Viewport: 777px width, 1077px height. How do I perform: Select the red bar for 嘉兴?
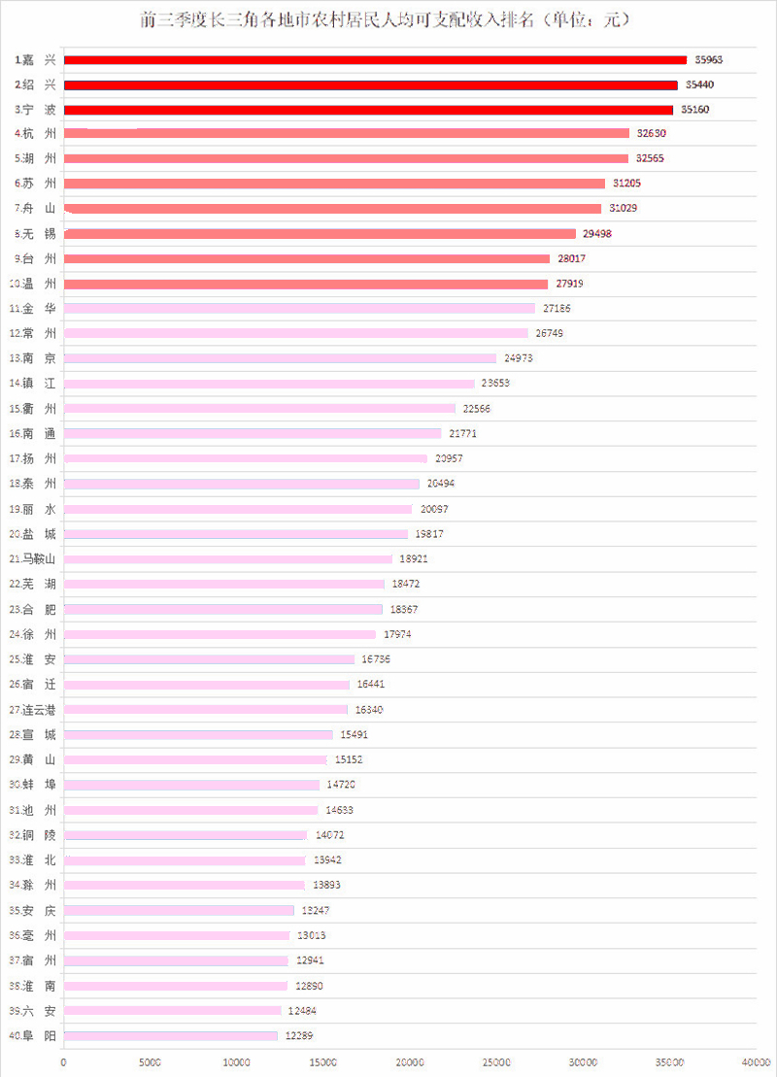(375, 60)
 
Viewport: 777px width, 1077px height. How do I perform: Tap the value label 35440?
(699, 85)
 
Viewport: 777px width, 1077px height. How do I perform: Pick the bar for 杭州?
(347, 133)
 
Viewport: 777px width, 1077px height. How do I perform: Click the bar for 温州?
(306, 284)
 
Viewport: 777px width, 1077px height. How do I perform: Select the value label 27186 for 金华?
(557, 309)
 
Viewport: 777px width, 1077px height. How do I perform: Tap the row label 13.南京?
(34, 358)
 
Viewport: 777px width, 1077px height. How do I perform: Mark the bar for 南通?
(253, 433)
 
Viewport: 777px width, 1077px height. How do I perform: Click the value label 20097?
(433, 509)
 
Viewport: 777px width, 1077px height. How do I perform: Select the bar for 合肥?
(223, 609)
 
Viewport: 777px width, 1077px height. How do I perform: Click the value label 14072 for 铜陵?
(328, 834)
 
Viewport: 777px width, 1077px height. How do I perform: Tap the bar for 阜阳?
(171, 1036)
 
